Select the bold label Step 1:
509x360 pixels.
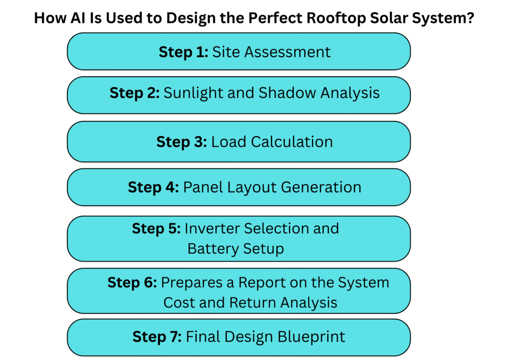coord(183,52)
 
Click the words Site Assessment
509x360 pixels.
coord(271,52)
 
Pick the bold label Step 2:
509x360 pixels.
coord(134,93)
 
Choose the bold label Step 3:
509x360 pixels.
coord(181,142)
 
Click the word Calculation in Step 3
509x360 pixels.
coord(292,142)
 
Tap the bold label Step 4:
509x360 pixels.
coord(153,187)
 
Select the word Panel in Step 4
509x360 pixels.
coord(201,187)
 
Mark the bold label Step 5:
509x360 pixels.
coord(156,229)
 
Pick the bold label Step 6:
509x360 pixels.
coord(132,282)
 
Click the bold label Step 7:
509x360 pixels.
coord(157,337)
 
